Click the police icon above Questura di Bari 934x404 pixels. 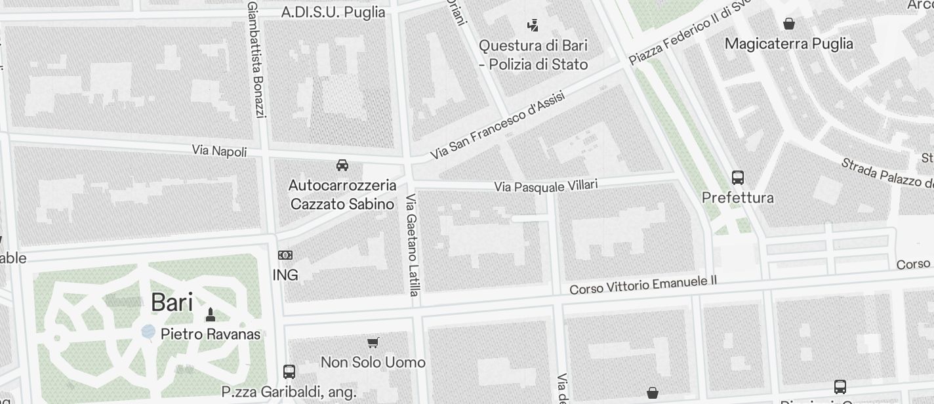click(x=533, y=26)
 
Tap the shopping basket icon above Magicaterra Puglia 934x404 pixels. click(x=789, y=24)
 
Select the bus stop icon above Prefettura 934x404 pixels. click(x=738, y=177)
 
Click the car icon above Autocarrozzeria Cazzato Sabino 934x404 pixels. click(x=342, y=165)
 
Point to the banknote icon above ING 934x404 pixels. click(x=285, y=255)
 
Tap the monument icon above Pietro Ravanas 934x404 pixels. click(x=211, y=315)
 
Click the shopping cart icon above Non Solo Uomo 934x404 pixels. click(x=373, y=342)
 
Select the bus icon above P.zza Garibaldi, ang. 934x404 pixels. click(x=289, y=371)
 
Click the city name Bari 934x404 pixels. click(x=172, y=303)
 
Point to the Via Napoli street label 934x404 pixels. click(x=219, y=151)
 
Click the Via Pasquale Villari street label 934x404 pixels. click(x=546, y=186)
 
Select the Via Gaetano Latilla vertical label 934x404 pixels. click(x=412, y=245)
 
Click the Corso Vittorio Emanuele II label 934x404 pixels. click(x=643, y=285)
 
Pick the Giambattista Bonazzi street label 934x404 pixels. click(x=256, y=60)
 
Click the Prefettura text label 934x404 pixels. click(x=738, y=197)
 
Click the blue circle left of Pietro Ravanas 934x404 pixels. click(x=149, y=332)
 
